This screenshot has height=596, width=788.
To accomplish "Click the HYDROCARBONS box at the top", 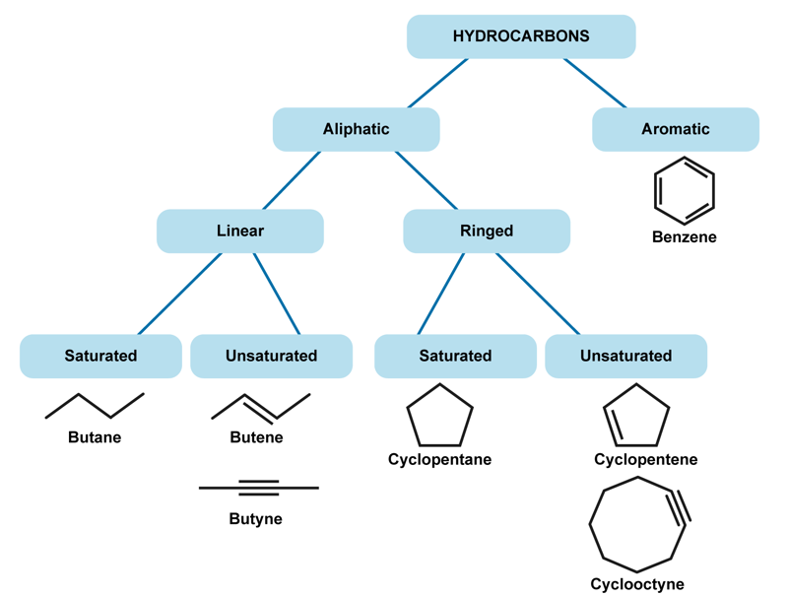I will tap(521, 36).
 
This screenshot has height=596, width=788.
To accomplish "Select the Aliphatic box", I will tap(356, 129).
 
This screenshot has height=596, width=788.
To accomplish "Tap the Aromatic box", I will tap(675, 129).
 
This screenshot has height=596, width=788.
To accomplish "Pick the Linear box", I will tap(240, 232).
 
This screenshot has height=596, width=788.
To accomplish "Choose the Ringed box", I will tap(487, 232).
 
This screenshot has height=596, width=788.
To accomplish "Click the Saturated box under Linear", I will tap(100, 356).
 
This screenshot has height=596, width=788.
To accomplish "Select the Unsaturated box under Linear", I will tap(271, 356).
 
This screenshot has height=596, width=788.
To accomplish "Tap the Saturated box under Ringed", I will tap(455, 356).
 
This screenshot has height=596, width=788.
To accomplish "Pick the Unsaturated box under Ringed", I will tap(625, 356).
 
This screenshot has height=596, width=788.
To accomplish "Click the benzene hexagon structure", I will tap(684, 192).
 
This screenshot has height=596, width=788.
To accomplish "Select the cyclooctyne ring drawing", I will tap(638, 524).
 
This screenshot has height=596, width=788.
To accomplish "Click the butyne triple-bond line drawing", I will tap(259, 487).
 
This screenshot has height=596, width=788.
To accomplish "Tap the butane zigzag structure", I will tap(95, 405).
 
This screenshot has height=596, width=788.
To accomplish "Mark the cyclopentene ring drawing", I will tap(636, 416).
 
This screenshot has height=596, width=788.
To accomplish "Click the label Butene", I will tap(256, 437).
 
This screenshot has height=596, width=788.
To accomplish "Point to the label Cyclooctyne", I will tap(637, 584).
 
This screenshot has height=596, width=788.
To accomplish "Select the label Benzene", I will tap(684, 237).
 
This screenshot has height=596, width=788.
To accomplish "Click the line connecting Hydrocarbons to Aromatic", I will tap(595, 83).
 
